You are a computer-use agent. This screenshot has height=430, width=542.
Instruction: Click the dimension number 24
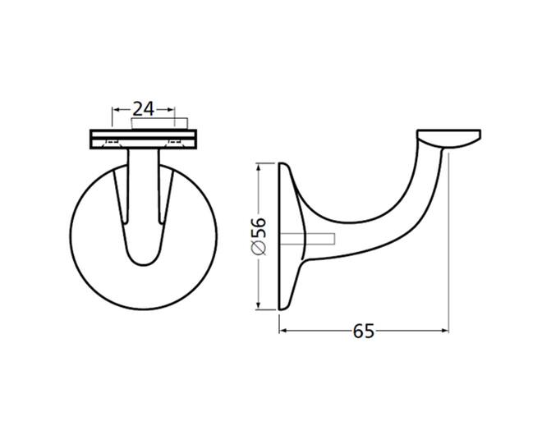click(144, 109)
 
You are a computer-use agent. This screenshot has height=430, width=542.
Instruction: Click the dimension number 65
click(363, 332)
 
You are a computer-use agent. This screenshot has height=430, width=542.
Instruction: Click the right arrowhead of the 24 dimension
click(170, 110)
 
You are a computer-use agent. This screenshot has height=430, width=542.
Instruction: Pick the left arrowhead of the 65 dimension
click(283, 331)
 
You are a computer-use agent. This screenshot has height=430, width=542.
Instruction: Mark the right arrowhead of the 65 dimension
click(444, 331)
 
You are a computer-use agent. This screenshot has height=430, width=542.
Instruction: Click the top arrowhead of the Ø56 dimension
click(258, 167)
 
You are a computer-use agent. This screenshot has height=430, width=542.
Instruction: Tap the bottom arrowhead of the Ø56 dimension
click(258, 305)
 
